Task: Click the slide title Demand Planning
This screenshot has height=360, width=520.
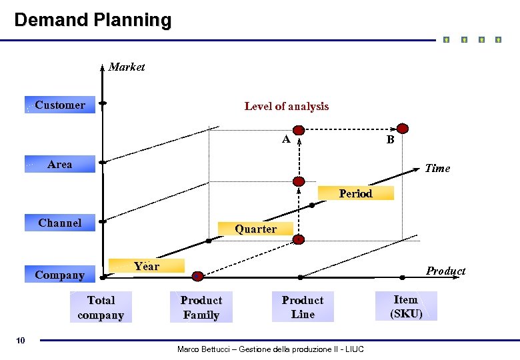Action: pyautogui.click(x=93, y=20)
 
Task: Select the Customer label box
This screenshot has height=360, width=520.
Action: pyautogui.click(x=60, y=105)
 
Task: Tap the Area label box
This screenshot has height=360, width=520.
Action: pyautogui.click(x=60, y=164)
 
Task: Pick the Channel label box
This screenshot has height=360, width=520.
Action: pyautogui.click(x=60, y=223)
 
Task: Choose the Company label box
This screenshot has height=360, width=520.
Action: pyautogui.click(x=60, y=275)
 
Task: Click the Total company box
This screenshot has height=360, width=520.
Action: pyautogui.click(x=101, y=308)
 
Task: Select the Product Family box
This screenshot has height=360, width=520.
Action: pyautogui.click(x=201, y=308)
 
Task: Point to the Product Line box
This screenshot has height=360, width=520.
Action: pyautogui.click(x=303, y=307)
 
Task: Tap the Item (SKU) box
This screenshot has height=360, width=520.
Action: pyautogui.click(x=406, y=307)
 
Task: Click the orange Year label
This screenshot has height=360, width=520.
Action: pyautogui.click(x=147, y=266)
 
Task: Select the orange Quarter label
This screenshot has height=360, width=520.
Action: pyautogui.click(x=256, y=229)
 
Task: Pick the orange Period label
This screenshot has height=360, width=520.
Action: pyautogui.click(x=355, y=193)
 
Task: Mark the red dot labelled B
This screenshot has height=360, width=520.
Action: pyautogui.click(x=403, y=129)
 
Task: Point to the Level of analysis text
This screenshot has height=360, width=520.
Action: pyautogui.click(x=287, y=106)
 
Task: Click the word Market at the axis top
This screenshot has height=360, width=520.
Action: pyautogui.click(x=127, y=67)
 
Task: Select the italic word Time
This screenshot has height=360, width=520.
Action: pyautogui.click(x=437, y=168)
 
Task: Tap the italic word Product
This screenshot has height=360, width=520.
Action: pyautogui.click(x=445, y=271)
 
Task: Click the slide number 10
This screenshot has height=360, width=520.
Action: pyautogui.click(x=21, y=341)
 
